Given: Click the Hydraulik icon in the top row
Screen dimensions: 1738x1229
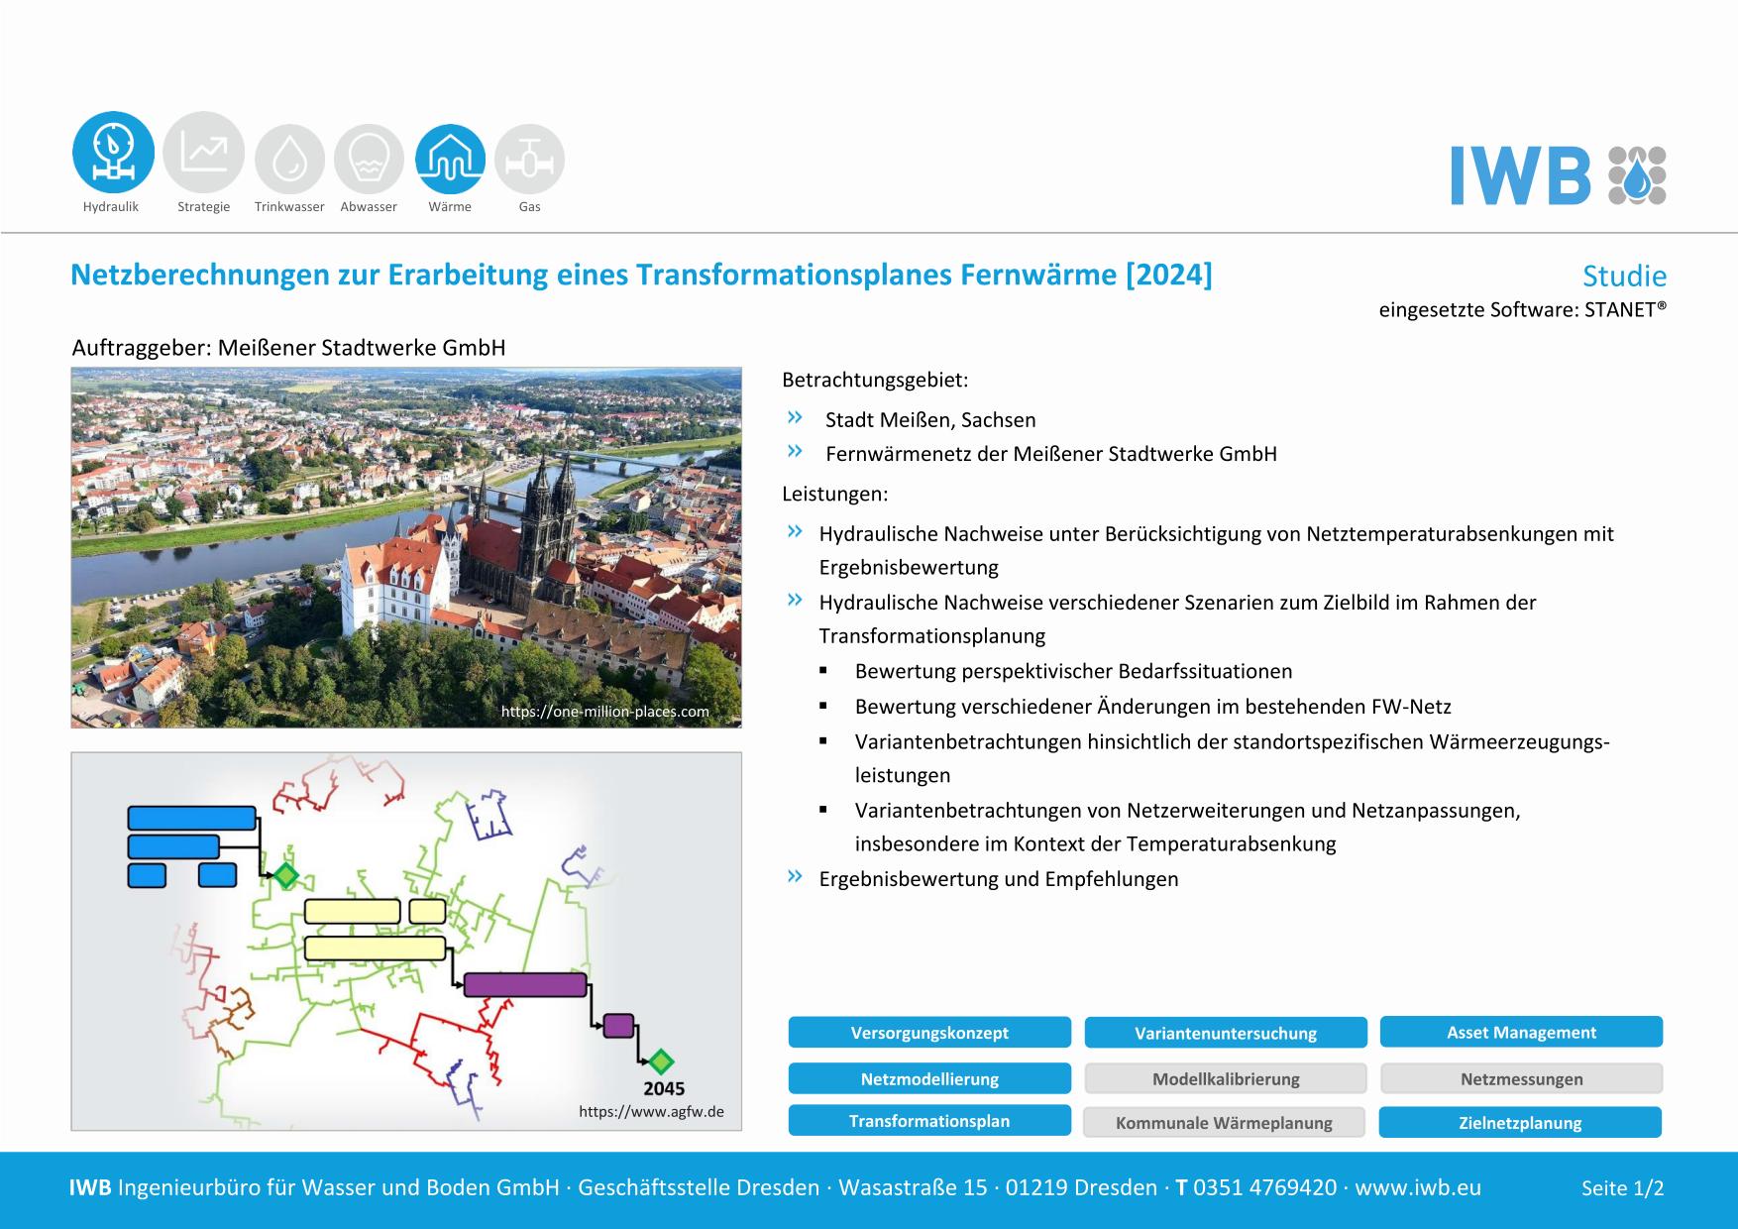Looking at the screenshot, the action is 113,152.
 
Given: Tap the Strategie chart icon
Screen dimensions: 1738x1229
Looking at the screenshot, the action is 203,152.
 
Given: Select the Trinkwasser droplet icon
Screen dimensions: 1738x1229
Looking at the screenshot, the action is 289,159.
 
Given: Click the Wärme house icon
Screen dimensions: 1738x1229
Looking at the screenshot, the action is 450,159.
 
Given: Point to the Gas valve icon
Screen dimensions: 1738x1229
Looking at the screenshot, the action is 529,159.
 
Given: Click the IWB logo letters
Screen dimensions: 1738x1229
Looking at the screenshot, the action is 1520,175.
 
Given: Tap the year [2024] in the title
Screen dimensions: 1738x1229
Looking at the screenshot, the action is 1168,274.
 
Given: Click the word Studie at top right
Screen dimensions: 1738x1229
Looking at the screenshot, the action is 1624,276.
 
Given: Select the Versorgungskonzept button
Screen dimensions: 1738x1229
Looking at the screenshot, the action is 929,1032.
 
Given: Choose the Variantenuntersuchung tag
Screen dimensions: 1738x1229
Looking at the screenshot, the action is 1226,1033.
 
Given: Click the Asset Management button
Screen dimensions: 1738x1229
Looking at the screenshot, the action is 1521,1032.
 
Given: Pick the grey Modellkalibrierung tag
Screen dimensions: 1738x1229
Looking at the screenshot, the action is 1226,1078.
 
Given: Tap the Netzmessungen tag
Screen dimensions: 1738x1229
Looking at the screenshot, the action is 1521,1078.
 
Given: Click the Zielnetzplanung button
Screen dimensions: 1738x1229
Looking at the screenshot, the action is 1520,1122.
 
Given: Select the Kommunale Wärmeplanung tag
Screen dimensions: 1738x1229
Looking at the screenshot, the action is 1224,1122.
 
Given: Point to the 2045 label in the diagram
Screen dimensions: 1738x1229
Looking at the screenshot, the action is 664,1088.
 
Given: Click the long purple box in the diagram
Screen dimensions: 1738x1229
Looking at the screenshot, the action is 525,984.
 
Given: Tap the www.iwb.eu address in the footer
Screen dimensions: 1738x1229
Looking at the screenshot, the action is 1418,1187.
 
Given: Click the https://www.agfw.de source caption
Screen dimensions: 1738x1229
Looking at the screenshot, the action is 651,1111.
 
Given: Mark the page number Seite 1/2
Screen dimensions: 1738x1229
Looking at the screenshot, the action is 1622,1187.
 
